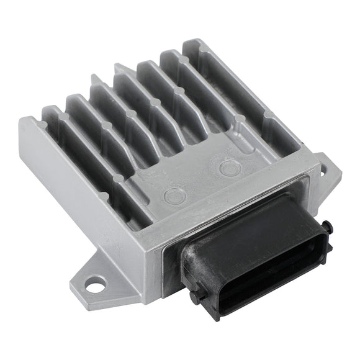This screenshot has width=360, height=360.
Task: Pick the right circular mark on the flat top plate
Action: pos(228,168)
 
